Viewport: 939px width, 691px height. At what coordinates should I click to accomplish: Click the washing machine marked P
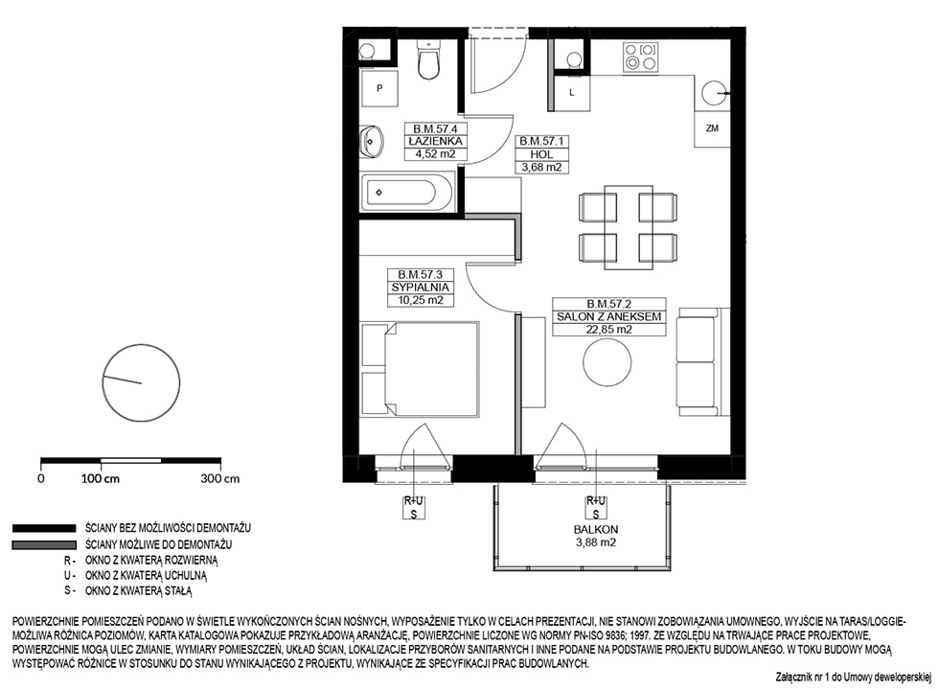pos(378,88)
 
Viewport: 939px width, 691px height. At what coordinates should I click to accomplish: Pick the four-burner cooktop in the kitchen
pos(640,58)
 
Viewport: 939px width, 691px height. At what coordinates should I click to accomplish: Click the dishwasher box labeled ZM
pos(712,128)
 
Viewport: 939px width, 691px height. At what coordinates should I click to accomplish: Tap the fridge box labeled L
pos(572,93)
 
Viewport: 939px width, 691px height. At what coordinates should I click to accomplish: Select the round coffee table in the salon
pos(607,362)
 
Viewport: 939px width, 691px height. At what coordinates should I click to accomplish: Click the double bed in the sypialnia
pos(420,369)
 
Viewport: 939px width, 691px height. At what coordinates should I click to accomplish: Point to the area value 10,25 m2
pos(421,300)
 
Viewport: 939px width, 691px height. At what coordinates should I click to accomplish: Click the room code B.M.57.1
pos(541,141)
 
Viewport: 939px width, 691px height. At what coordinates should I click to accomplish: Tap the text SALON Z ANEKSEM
pos(609,316)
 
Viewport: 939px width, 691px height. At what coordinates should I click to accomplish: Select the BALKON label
pos(595,529)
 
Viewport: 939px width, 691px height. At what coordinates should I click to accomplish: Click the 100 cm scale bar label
pos(100,478)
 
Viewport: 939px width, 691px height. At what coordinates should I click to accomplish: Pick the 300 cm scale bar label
pos(219,478)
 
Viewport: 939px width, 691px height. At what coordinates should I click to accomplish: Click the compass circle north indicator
pos(142,382)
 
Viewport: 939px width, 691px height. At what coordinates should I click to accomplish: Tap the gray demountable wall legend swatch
pos(44,545)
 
